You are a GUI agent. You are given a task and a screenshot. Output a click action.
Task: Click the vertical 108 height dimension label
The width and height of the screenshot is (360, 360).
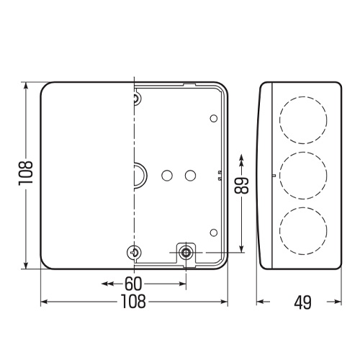pos(25,173)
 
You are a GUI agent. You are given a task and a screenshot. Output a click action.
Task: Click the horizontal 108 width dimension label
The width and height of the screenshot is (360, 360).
pos(133,302)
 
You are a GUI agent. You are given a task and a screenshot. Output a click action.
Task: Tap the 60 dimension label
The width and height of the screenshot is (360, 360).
pos(133,284)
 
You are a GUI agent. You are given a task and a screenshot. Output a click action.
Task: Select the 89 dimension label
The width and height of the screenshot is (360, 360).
pos(241,185)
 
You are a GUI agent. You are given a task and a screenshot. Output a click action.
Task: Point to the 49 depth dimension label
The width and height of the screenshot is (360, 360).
pos(303,302)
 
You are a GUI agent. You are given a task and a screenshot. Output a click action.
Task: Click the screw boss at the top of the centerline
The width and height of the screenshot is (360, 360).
pos(138,99)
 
